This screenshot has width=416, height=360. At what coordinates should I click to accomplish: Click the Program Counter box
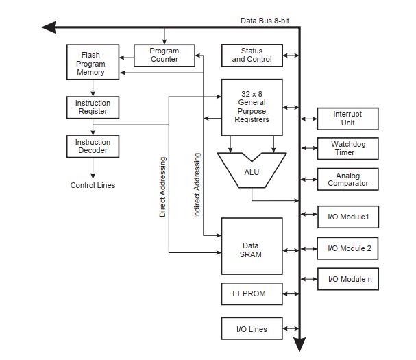pos(164,55)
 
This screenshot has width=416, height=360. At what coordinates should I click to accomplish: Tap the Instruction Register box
pos(93,108)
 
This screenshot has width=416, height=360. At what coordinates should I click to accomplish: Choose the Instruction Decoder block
pos(93,146)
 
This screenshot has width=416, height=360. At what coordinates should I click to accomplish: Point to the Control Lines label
pos(93,185)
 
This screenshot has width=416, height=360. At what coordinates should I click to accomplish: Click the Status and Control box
pos(252,56)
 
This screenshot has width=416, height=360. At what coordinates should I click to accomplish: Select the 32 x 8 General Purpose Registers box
pos(252,106)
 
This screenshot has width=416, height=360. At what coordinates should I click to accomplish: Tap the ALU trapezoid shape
pos(252,171)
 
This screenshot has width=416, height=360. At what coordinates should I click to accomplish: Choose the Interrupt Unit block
pos(347,119)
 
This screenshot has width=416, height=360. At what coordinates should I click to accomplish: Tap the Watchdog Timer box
pos(347,148)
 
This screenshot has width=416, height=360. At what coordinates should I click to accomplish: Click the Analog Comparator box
pos(347,179)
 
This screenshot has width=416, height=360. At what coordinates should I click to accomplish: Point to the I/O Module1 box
pos(347,217)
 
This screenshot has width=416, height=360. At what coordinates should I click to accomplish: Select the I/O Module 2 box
pos(347,248)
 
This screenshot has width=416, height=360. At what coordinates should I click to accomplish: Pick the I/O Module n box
pos(347,278)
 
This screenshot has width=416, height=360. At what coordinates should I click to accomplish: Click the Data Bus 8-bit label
pos(265,21)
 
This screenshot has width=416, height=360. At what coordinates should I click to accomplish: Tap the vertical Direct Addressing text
pos(163,187)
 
